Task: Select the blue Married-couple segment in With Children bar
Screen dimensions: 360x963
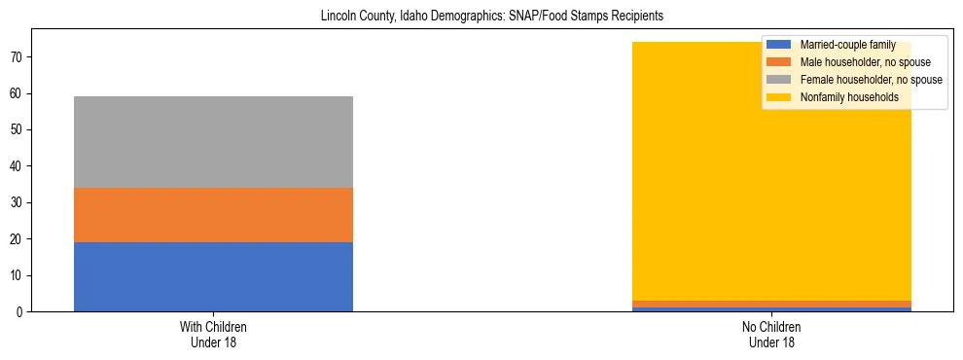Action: pos(213,276)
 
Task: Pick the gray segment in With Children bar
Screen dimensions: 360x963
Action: pos(213,142)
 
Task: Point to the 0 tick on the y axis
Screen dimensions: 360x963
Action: pos(22,312)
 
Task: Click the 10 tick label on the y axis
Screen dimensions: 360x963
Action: pos(19,276)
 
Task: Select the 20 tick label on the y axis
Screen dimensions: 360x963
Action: pos(19,239)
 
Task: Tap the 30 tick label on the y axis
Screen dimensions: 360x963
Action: pos(19,203)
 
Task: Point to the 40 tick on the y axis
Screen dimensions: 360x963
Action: pos(19,166)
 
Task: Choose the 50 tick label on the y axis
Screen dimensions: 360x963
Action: pos(19,130)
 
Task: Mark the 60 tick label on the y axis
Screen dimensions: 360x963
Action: pos(19,94)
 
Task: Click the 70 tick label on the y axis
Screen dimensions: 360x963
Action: pos(19,57)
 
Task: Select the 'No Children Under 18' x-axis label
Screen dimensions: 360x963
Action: pos(771,334)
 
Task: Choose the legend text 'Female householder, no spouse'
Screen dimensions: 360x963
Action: pos(870,80)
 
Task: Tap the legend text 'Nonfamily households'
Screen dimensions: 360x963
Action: pos(848,97)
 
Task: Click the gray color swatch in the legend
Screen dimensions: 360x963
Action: pos(779,80)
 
